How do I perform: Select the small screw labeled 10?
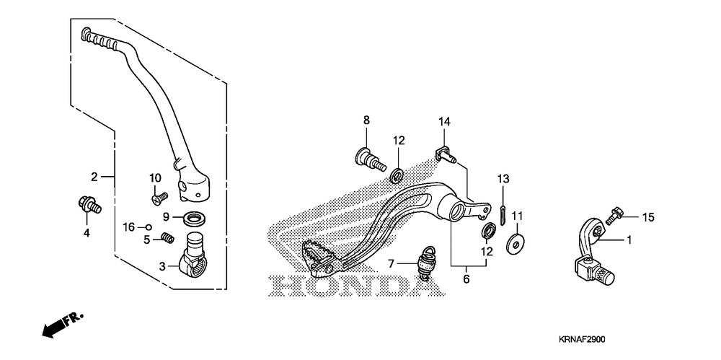159,197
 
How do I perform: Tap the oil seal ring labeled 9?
195,218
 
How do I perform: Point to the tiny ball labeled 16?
149,227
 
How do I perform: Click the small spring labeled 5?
169,237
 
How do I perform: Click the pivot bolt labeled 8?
370,159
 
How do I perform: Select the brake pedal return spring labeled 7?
426,265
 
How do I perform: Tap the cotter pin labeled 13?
503,216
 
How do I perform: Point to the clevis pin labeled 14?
445,154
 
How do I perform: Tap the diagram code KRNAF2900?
582,340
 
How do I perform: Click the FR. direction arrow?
62,325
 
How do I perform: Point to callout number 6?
466,279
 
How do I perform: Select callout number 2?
94,177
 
